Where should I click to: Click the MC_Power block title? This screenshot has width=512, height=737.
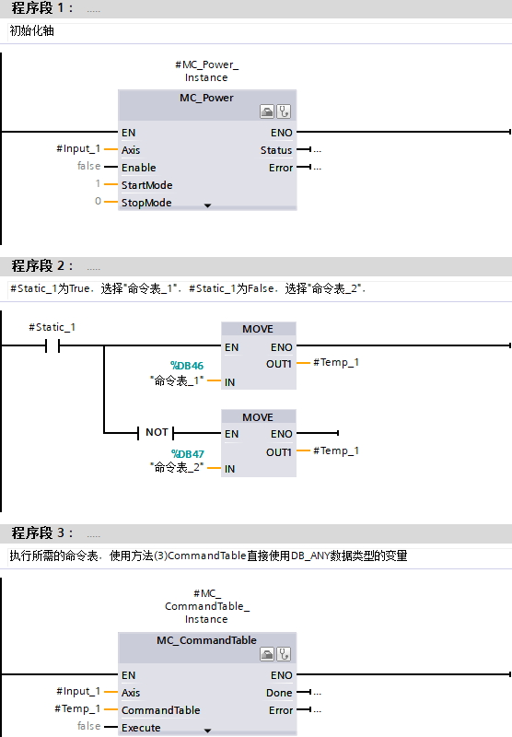[206, 98]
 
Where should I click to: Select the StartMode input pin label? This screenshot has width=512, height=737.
[147, 185]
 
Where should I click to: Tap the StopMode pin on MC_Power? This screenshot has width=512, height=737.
[146, 203]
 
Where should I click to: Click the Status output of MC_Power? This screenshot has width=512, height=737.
[276, 150]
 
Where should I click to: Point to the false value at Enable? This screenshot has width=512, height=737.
[88, 166]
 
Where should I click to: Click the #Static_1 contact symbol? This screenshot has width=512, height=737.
[52, 346]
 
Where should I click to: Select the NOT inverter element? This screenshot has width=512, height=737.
[156, 432]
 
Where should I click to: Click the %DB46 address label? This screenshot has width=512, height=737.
[187, 366]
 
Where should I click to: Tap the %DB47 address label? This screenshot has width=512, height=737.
[188, 454]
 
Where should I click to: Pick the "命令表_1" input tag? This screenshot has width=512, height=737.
[177, 380]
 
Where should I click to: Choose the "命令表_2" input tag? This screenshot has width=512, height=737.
[177, 467]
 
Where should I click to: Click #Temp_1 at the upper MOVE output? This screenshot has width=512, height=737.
[336, 362]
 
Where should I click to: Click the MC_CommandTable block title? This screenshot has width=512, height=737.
[206, 640]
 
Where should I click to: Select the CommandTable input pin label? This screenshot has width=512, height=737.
[160, 710]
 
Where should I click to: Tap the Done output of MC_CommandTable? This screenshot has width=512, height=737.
[279, 693]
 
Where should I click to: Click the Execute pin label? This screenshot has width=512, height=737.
[141, 728]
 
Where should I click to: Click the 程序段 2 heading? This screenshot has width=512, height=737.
[42, 265]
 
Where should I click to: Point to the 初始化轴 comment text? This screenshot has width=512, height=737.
[32, 31]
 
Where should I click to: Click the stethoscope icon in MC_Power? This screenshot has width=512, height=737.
[284, 111]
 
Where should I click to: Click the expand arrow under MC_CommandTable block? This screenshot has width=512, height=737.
[207, 731]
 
